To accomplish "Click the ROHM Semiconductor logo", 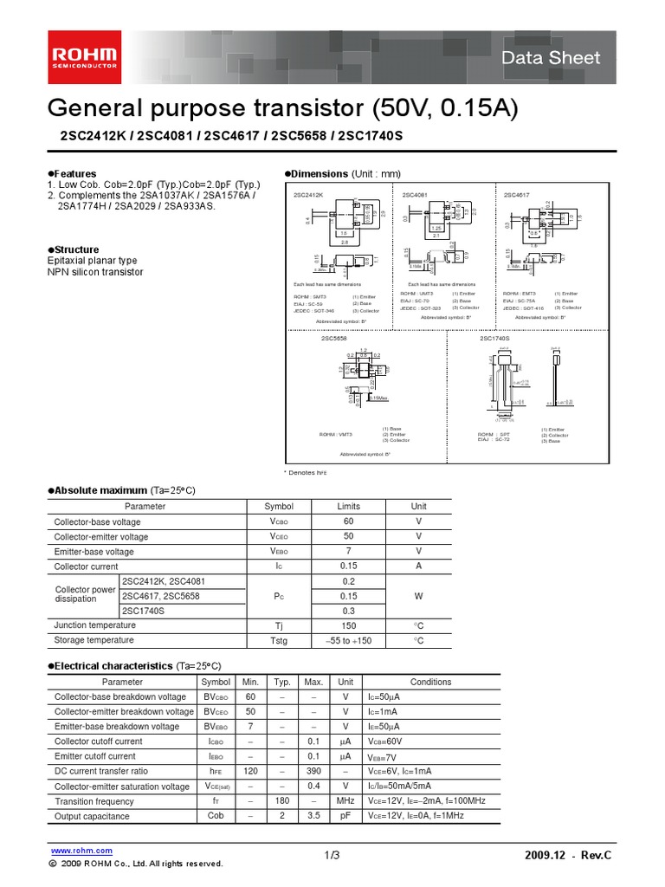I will click(x=86, y=57).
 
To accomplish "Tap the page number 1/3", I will click(x=332, y=856).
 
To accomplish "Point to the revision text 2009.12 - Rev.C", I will click(x=568, y=856).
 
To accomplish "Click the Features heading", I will click(x=74, y=173).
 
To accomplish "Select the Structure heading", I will click(x=76, y=249).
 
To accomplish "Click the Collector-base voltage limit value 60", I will click(x=348, y=521).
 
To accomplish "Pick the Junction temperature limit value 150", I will click(x=348, y=625).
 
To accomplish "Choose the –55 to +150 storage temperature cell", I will click(x=348, y=640).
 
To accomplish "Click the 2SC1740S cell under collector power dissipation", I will click(x=144, y=610).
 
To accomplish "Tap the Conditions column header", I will click(x=430, y=682).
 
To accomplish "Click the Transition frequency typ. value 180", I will click(x=281, y=801).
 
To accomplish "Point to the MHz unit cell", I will click(x=345, y=801).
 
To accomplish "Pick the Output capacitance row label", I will click(x=92, y=816).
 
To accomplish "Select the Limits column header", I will click(x=348, y=506).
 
